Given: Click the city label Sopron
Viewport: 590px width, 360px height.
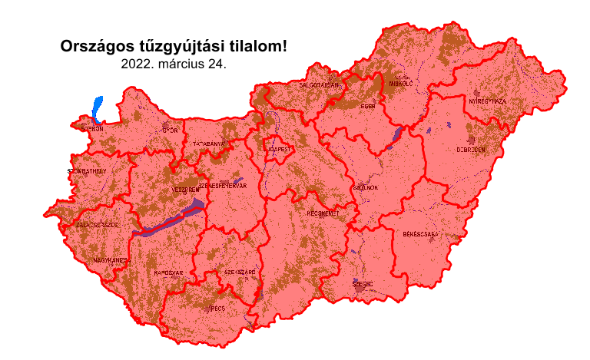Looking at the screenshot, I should (92, 129).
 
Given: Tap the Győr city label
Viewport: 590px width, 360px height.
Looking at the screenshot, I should (170, 130).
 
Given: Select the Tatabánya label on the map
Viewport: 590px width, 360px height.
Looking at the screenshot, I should (208, 144).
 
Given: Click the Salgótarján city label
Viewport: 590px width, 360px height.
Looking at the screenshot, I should (319, 84).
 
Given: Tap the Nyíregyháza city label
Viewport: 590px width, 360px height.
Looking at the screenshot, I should (487, 101).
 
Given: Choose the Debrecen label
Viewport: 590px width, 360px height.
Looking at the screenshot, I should (471, 150).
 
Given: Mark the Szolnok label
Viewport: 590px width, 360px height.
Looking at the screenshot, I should (364, 187).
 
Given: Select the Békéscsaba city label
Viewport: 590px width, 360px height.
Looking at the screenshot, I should (419, 233).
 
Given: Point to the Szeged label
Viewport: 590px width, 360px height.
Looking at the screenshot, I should (363, 283).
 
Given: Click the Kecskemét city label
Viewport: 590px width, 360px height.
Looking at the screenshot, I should (323, 213).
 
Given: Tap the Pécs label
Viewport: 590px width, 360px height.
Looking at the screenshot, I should (217, 309).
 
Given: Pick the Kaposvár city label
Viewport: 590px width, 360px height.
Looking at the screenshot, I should (168, 272).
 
